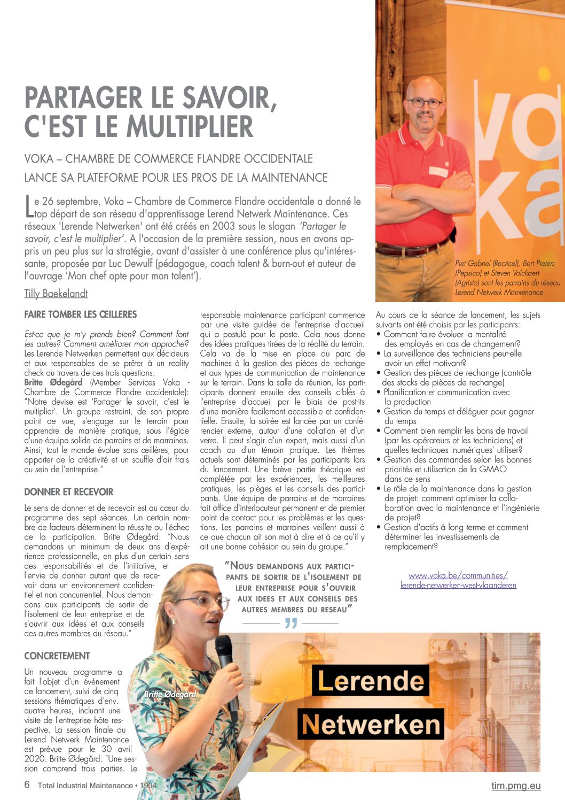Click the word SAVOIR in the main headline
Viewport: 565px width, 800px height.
click(228, 98)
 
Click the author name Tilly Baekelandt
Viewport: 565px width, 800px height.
click(56, 294)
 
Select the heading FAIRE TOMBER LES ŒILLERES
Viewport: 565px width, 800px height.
click(81, 314)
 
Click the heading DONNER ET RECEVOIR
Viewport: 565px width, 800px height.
click(69, 492)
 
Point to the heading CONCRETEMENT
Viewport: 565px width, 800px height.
click(57, 656)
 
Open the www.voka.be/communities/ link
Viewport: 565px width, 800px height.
click(458, 575)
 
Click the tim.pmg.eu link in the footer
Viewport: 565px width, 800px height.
click(516, 786)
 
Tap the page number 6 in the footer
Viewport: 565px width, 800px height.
click(27, 785)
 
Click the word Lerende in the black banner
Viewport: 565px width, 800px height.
click(371, 681)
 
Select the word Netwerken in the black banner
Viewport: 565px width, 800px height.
click(371, 725)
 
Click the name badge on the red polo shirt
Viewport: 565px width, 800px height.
click(438, 171)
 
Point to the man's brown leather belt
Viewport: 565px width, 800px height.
click(411, 249)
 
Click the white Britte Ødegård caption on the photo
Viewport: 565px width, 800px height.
click(170, 694)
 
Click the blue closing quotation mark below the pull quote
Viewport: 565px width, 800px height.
click(291, 624)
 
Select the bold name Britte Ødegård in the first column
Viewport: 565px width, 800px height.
click(53, 382)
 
